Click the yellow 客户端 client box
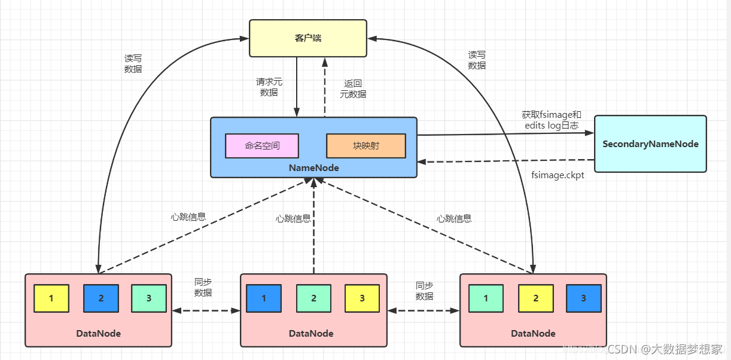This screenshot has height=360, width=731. pyautogui.click(x=307, y=38)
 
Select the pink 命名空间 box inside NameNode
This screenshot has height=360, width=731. pyautogui.click(x=261, y=145)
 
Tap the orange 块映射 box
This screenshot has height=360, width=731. pyautogui.click(x=365, y=145)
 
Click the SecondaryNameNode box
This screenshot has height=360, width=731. pyautogui.click(x=650, y=144)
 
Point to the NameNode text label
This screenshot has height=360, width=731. pyautogui.click(x=313, y=168)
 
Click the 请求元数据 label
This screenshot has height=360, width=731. pyautogui.click(x=269, y=87)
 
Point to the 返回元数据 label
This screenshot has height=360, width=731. pyautogui.click(x=353, y=89)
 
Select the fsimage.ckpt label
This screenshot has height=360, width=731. pyautogui.click(x=558, y=175)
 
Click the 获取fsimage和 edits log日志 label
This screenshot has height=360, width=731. pyautogui.click(x=551, y=120)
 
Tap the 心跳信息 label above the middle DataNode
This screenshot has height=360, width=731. pyautogui.click(x=293, y=219)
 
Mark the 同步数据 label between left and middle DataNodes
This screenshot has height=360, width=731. pyautogui.click(x=203, y=287)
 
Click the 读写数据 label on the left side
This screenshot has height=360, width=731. pyautogui.click(x=133, y=63)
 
